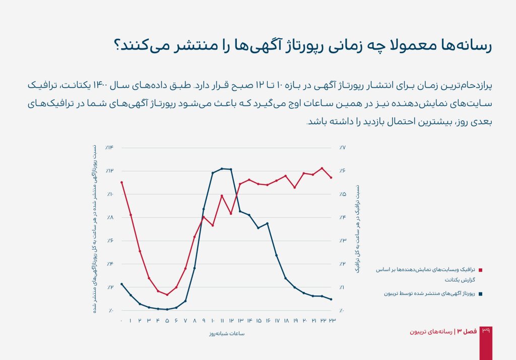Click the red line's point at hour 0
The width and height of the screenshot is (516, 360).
(121, 182)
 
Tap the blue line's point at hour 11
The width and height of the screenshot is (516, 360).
(222, 168)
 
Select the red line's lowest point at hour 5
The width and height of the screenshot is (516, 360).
(167, 295)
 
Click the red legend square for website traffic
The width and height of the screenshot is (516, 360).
(480, 270)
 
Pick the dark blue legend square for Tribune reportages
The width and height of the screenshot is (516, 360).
(480, 293)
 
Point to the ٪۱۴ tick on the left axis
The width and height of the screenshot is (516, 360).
(110, 148)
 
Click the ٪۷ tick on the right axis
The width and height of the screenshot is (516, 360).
(342, 148)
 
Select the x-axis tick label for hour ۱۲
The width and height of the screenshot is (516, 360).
(231, 321)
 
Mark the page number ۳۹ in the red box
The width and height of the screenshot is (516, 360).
(486, 331)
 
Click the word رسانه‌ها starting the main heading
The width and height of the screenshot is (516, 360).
(466, 45)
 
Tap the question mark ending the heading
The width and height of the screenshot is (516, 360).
(119, 45)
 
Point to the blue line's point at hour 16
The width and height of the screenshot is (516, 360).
(268, 223)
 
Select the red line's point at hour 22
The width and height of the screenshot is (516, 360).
(322, 168)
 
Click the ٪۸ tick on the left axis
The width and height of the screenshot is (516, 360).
(110, 217)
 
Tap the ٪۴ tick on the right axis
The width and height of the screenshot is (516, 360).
(342, 217)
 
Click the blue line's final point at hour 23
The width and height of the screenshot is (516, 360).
(331, 299)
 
